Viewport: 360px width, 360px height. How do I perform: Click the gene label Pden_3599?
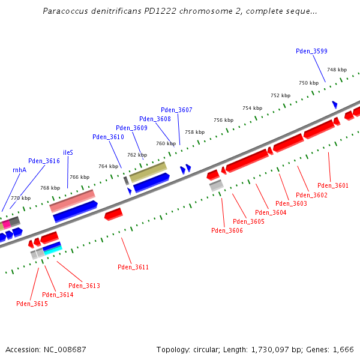click(x=311, y=51)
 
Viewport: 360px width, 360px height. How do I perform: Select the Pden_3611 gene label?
click(x=133, y=267)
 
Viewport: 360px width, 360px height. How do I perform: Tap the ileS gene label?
click(x=68, y=152)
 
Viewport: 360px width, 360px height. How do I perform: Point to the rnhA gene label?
click(x=19, y=170)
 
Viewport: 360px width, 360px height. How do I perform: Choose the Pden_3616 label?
click(x=44, y=161)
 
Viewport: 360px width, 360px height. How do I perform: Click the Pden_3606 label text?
click(x=227, y=230)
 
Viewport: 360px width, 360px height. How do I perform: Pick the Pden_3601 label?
click(x=333, y=185)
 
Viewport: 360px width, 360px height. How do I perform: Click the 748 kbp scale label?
click(x=337, y=70)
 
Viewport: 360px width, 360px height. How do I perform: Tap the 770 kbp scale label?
click(x=20, y=198)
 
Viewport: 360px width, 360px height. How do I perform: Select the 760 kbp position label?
click(x=166, y=143)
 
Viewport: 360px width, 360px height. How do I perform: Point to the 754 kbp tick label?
click(x=252, y=108)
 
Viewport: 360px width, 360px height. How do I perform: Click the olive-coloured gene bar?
click(x=148, y=172)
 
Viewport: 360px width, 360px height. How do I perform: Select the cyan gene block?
click(x=52, y=247)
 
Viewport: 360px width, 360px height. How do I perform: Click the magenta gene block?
click(x=7, y=224)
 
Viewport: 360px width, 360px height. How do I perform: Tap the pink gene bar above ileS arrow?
click(x=72, y=200)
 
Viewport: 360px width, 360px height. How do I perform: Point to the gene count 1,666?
click(x=342, y=349)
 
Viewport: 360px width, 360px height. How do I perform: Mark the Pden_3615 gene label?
click(x=32, y=304)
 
